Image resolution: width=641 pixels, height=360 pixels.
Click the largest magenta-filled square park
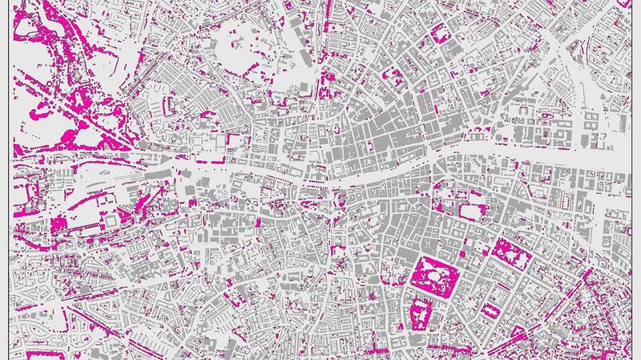(x=433, y=275)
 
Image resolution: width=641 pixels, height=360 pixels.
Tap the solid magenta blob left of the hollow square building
(x=60, y=224)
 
